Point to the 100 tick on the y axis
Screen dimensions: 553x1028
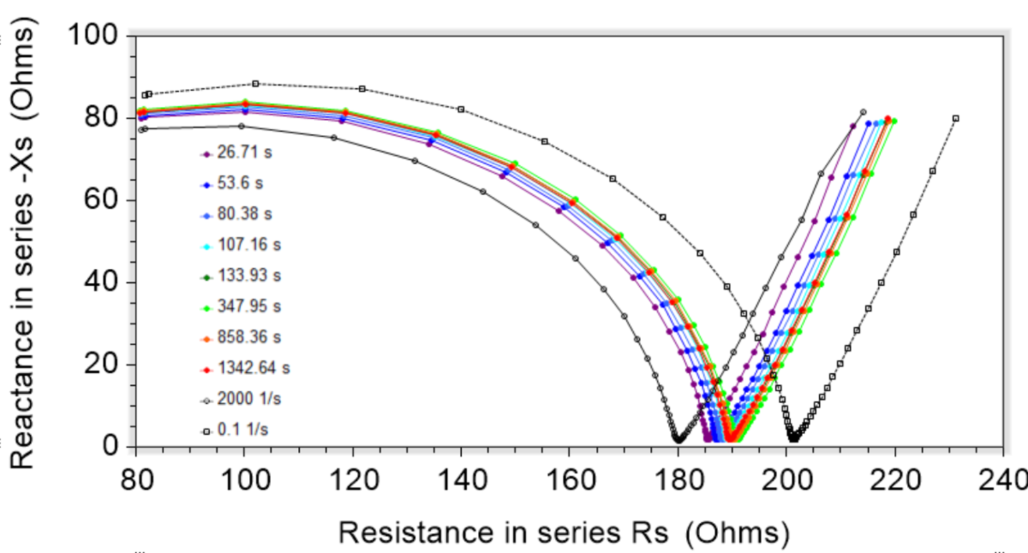[x=93, y=35]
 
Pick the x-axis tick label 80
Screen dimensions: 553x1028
[x=137, y=480]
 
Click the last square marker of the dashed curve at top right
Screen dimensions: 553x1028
[x=956, y=118]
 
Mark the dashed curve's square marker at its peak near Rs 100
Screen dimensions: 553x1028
[x=256, y=84]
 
